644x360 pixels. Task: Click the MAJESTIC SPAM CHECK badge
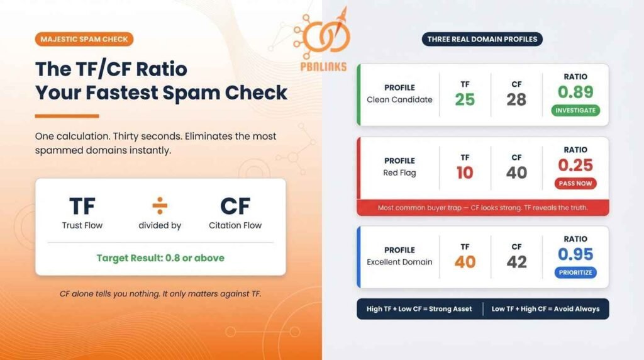click(x=84, y=39)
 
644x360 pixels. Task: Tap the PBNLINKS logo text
click(x=325, y=66)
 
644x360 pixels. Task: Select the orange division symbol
click(x=160, y=205)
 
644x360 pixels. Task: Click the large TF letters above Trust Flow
click(x=82, y=206)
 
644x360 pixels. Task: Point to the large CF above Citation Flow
click(x=235, y=206)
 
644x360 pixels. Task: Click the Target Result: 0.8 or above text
click(x=160, y=258)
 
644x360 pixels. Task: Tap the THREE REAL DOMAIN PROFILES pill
click(x=482, y=39)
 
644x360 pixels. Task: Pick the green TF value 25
click(x=465, y=99)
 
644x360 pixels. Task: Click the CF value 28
click(x=516, y=99)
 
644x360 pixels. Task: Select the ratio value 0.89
click(x=575, y=92)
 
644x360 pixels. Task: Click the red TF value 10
click(x=465, y=172)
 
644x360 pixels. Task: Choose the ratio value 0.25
click(x=575, y=165)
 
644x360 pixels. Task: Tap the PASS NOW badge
click(x=575, y=184)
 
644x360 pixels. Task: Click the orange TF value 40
click(x=465, y=262)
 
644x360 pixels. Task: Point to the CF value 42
click(x=516, y=262)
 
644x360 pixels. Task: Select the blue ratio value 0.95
click(x=575, y=254)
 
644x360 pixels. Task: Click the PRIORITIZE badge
click(x=575, y=273)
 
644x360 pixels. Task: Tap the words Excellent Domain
click(x=399, y=262)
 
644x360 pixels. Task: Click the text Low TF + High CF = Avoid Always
click(x=545, y=309)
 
